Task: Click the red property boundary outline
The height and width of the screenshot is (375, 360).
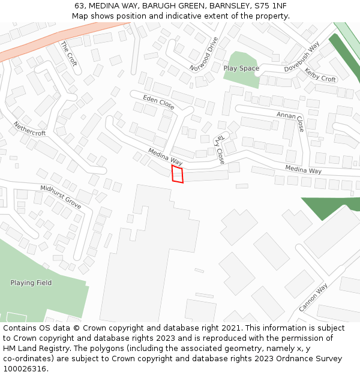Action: coord(178,174)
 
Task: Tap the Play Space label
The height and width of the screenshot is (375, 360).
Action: coord(241,68)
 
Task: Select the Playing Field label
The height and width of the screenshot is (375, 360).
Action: coord(31,283)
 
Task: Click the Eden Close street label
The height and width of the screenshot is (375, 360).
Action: coord(159,102)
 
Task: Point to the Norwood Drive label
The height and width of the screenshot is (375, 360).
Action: coord(205,53)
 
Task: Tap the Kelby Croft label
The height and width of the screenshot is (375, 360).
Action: coord(320,75)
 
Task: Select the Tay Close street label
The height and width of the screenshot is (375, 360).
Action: coord(220,149)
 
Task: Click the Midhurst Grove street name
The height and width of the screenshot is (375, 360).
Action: coord(61,197)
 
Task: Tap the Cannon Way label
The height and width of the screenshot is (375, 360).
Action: coord(314,298)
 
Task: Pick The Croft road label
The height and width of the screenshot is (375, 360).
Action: coord(69,53)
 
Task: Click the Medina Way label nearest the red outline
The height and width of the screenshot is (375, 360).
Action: coord(165,158)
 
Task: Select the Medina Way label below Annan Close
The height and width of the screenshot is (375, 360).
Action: coord(303,170)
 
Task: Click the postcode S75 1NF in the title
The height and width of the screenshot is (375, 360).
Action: coord(271,5)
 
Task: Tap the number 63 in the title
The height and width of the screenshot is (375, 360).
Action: coord(79,5)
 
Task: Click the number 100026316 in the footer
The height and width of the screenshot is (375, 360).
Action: coord(25,368)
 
